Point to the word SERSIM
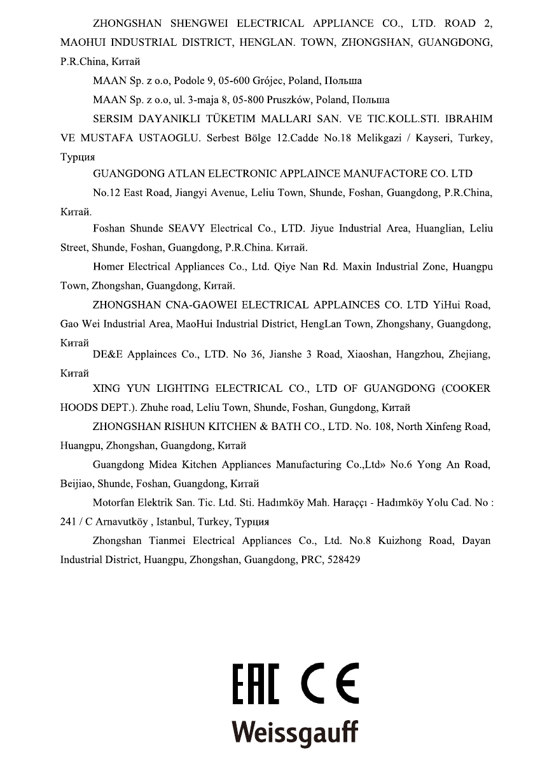[x=115, y=119]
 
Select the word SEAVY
[x=187, y=228]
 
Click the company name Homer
[x=109, y=267]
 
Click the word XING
[x=107, y=388]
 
